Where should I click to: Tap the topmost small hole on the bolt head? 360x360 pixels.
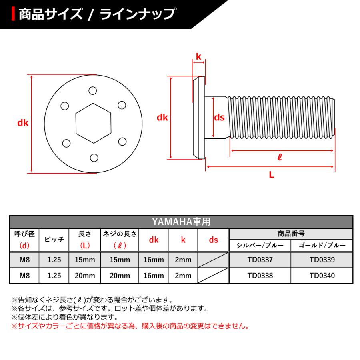coord(92,90)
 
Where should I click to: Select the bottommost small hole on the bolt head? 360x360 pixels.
coord(94,157)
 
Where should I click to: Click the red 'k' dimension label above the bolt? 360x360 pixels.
coord(198,57)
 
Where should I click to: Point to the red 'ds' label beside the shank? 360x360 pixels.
coord(219,118)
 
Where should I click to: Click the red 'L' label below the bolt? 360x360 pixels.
coord(271,174)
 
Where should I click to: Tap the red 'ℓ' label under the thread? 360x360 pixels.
coord(280,157)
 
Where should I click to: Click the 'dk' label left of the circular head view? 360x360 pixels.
coord(23,123)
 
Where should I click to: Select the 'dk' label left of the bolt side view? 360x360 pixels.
coord(162,118)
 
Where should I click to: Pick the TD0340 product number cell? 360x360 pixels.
coord(322,275)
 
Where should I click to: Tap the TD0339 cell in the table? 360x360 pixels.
coord(322,260)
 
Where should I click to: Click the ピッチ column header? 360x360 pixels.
coord(54,240)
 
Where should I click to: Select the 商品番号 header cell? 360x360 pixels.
coord(291,234)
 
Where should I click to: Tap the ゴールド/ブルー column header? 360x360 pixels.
coord(322,245)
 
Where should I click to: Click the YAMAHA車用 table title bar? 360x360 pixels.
coord(181,222)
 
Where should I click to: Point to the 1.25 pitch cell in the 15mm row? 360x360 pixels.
coord(54,260)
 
